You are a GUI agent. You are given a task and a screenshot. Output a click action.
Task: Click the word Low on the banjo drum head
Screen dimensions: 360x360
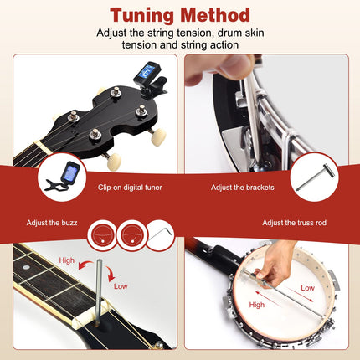(308, 287)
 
